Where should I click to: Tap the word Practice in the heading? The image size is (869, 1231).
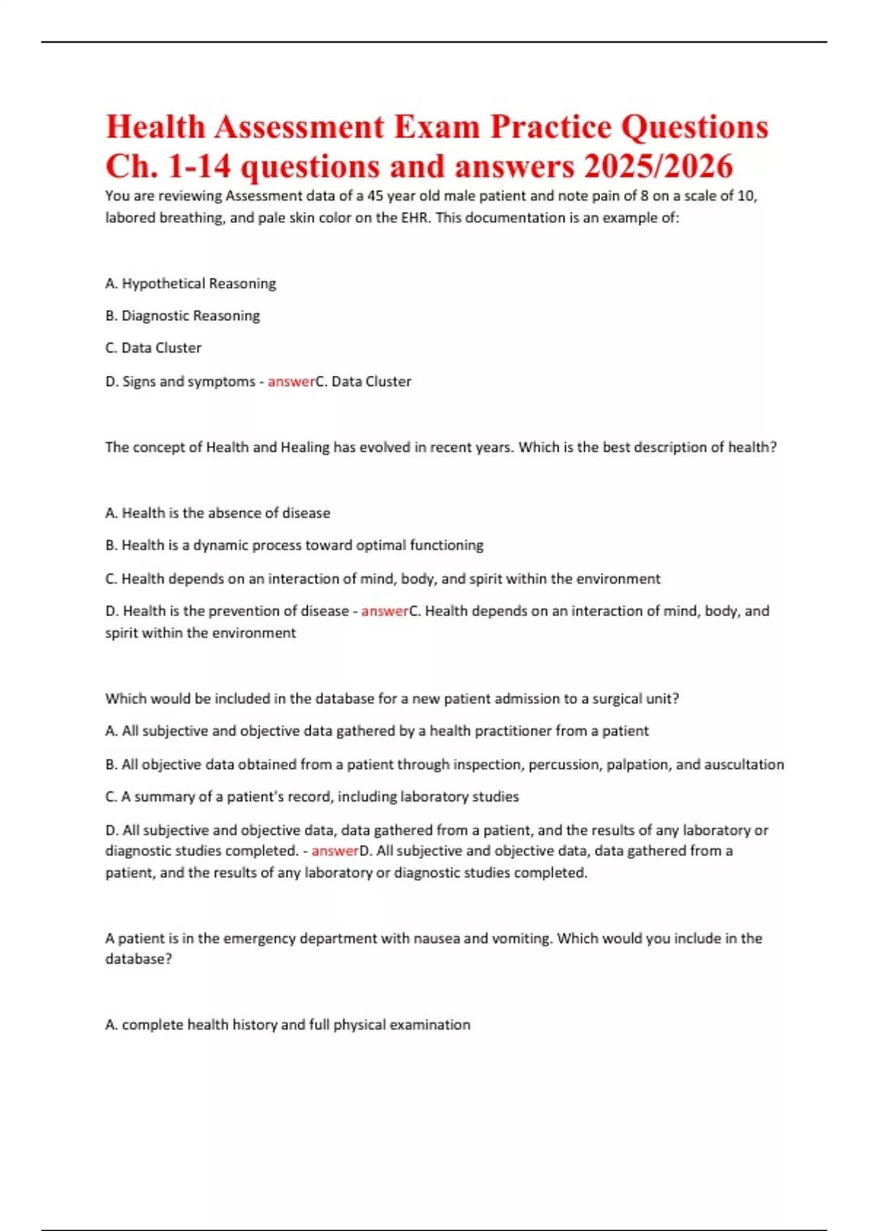[x=550, y=127]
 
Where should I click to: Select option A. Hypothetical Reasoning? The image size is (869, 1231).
[x=190, y=283]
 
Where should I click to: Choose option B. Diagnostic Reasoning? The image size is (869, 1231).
[x=182, y=316]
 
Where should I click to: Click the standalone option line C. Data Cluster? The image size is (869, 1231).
[x=154, y=348]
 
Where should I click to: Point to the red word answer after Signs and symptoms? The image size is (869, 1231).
[x=291, y=382]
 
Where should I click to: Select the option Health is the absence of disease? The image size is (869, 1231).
[x=218, y=513]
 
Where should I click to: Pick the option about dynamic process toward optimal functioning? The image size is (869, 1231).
[x=295, y=545]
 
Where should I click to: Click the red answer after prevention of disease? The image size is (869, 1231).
[x=385, y=611]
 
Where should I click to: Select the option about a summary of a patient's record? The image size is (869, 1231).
[x=312, y=797]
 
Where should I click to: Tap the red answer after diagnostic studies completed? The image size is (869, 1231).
[x=335, y=851]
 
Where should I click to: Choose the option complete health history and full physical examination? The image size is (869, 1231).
[x=288, y=1025]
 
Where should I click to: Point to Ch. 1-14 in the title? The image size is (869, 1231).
[x=168, y=167]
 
